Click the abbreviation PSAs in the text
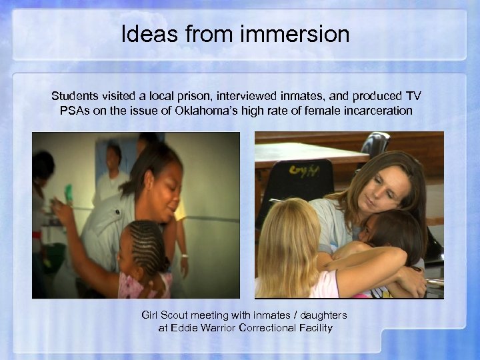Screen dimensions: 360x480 (67, 111)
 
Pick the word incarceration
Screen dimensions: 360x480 (379, 111)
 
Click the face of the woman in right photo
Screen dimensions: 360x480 (383, 190)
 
